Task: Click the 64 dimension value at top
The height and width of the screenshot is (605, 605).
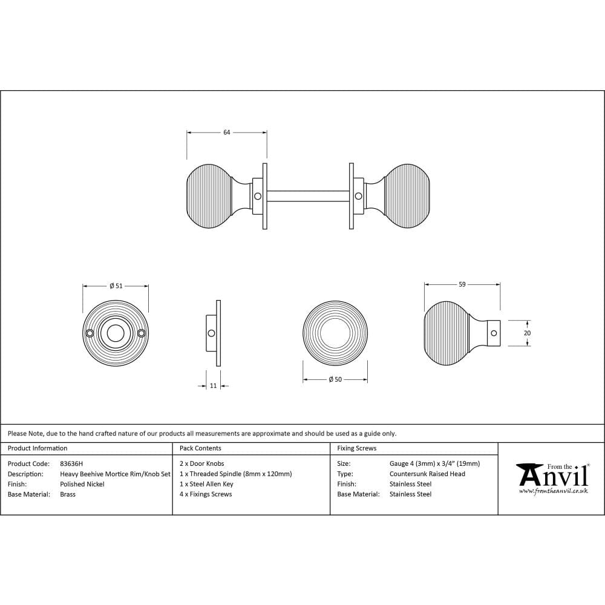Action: pos(227,132)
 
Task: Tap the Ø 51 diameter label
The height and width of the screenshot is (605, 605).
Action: pos(116,286)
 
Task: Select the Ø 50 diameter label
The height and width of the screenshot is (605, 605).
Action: pos(335,379)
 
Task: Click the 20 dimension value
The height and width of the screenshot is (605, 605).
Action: pos(527,333)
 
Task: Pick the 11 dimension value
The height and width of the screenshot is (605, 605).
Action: pos(213,386)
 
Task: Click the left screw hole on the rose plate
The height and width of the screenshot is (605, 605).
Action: pos(90,333)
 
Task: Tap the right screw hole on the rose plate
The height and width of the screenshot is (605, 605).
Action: pos(142,333)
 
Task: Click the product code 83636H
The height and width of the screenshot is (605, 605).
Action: pos(71,463)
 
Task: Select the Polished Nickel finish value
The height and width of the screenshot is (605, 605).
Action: pos(82,484)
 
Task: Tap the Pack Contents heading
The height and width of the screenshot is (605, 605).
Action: pos(200,448)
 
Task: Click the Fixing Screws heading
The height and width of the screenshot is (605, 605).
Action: pos(356,448)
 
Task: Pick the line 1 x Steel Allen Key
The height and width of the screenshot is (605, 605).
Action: pos(206,484)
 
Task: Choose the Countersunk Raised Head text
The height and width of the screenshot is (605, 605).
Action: pos(427,474)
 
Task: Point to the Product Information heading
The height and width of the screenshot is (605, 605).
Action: pos(38,448)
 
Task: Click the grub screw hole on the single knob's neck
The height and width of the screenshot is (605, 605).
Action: pos(493,333)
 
